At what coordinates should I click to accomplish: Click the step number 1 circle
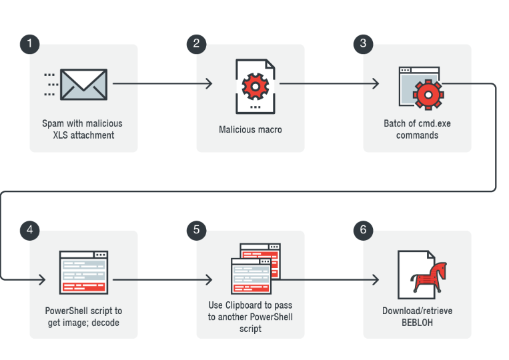point(29,44)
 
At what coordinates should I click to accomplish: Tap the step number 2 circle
point(196,44)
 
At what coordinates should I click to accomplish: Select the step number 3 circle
point(363,44)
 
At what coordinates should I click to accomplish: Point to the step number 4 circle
point(29,230)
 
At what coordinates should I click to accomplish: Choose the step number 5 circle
point(196,230)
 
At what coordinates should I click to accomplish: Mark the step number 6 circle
point(363,230)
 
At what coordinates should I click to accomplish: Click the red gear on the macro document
point(253,85)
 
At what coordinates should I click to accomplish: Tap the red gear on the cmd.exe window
point(428,93)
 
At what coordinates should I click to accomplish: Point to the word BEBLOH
point(418,322)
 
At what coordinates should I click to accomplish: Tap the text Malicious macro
point(250,129)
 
